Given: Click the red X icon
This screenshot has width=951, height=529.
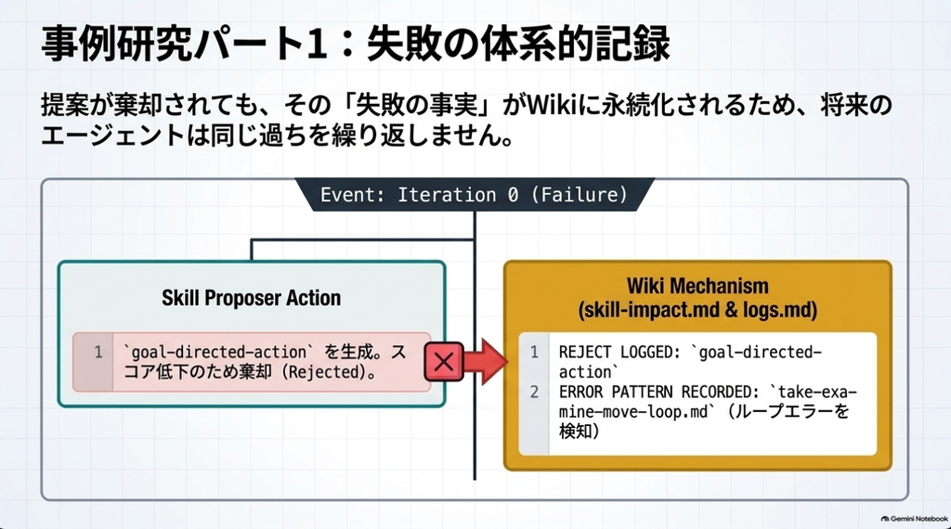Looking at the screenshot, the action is (443, 362).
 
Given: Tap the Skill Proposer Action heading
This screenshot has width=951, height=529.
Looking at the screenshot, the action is (251, 298).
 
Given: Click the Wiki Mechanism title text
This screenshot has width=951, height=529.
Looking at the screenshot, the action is (697, 286).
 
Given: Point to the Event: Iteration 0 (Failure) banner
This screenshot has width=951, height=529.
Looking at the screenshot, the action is (475, 195).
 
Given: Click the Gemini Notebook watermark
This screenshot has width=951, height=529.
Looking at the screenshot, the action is (914, 519).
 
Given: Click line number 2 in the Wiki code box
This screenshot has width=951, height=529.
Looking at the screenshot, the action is (534, 392).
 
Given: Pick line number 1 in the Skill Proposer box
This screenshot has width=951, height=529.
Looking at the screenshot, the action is (98, 352).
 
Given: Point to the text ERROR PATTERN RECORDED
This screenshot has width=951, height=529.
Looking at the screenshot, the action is (658, 392).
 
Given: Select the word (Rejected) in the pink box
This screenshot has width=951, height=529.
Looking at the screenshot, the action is (328, 372).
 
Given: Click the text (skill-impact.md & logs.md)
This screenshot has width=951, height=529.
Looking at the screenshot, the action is (697, 310).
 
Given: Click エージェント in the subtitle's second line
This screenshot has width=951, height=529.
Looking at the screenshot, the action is (112, 135).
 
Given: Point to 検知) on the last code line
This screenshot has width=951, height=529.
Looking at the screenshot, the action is (580, 432).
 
